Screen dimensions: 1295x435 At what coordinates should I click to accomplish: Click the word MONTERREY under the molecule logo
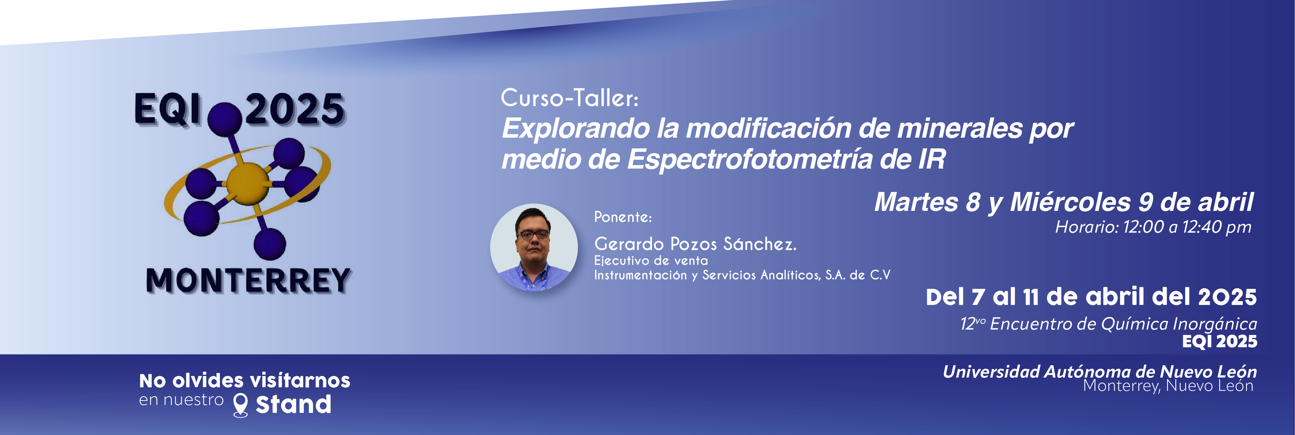coord(248,280)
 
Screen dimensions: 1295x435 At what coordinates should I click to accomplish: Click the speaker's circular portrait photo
coord(534,247)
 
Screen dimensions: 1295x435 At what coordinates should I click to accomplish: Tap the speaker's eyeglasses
coord(533,235)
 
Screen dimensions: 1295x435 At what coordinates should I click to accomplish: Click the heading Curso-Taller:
coord(569,98)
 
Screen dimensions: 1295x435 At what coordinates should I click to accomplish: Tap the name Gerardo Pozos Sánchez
coord(695,244)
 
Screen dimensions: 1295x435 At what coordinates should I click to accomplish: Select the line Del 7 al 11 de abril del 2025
coord(1091,297)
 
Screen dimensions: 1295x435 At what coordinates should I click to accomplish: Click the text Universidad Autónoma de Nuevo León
coord(1099,372)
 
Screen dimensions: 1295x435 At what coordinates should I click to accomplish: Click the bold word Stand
coord(294,404)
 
